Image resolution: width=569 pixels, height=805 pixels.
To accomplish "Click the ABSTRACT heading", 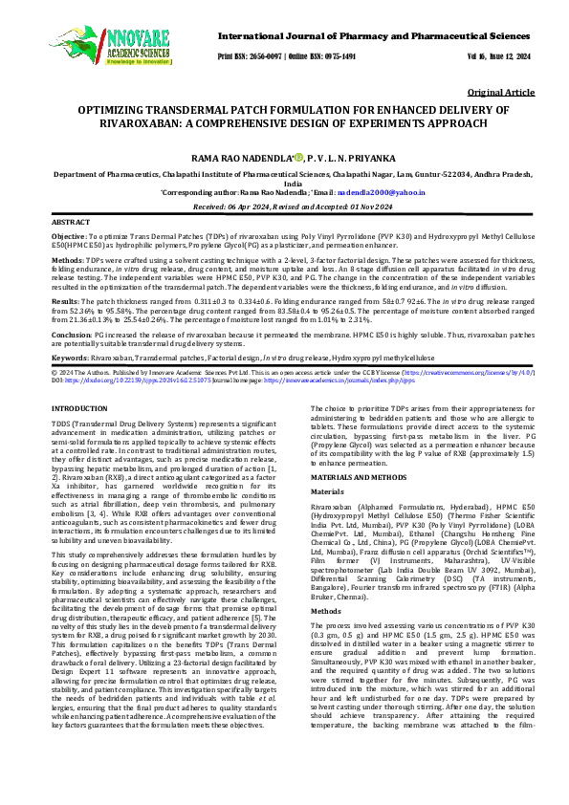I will [72, 221].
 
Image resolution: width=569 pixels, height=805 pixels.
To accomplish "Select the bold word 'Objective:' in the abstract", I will [69, 236].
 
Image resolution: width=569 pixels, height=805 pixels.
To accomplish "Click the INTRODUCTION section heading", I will [79, 409].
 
